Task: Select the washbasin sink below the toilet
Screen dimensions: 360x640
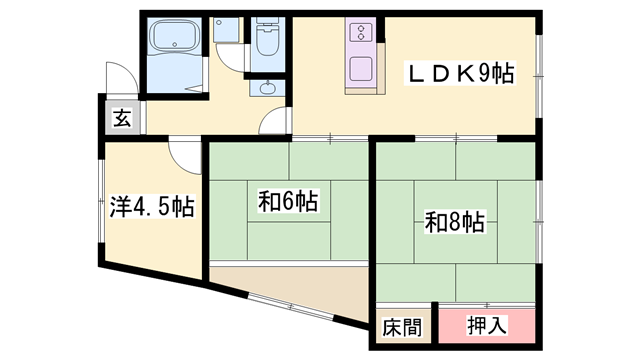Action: point(266,87)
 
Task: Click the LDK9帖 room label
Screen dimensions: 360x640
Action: point(459,72)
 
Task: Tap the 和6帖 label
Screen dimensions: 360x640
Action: point(287,202)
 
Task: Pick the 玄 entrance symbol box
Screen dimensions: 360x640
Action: point(121,118)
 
